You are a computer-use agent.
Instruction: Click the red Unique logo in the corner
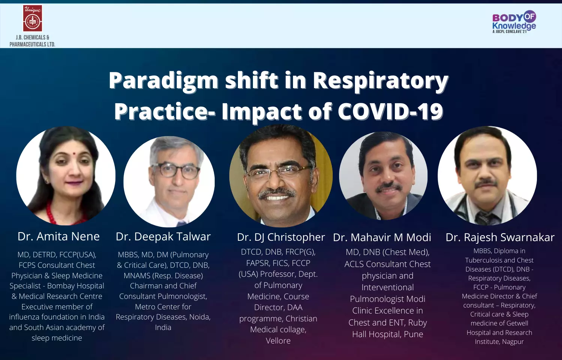[33, 18]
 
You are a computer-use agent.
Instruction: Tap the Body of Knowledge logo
[514, 22]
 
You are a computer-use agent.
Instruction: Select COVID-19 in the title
[390, 111]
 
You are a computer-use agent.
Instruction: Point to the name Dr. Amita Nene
[58, 237]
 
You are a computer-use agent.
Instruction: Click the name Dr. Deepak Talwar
[163, 237]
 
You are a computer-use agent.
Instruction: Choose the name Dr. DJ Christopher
[281, 237]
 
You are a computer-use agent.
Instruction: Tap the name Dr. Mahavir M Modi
[382, 237]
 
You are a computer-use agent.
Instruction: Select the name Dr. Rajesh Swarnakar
[500, 237]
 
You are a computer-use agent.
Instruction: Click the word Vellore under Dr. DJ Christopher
[278, 340]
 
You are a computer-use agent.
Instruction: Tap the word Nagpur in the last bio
[512, 342]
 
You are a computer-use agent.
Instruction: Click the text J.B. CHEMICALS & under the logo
[32, 37]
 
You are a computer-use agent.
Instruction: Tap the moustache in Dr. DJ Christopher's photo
[277, 193]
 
